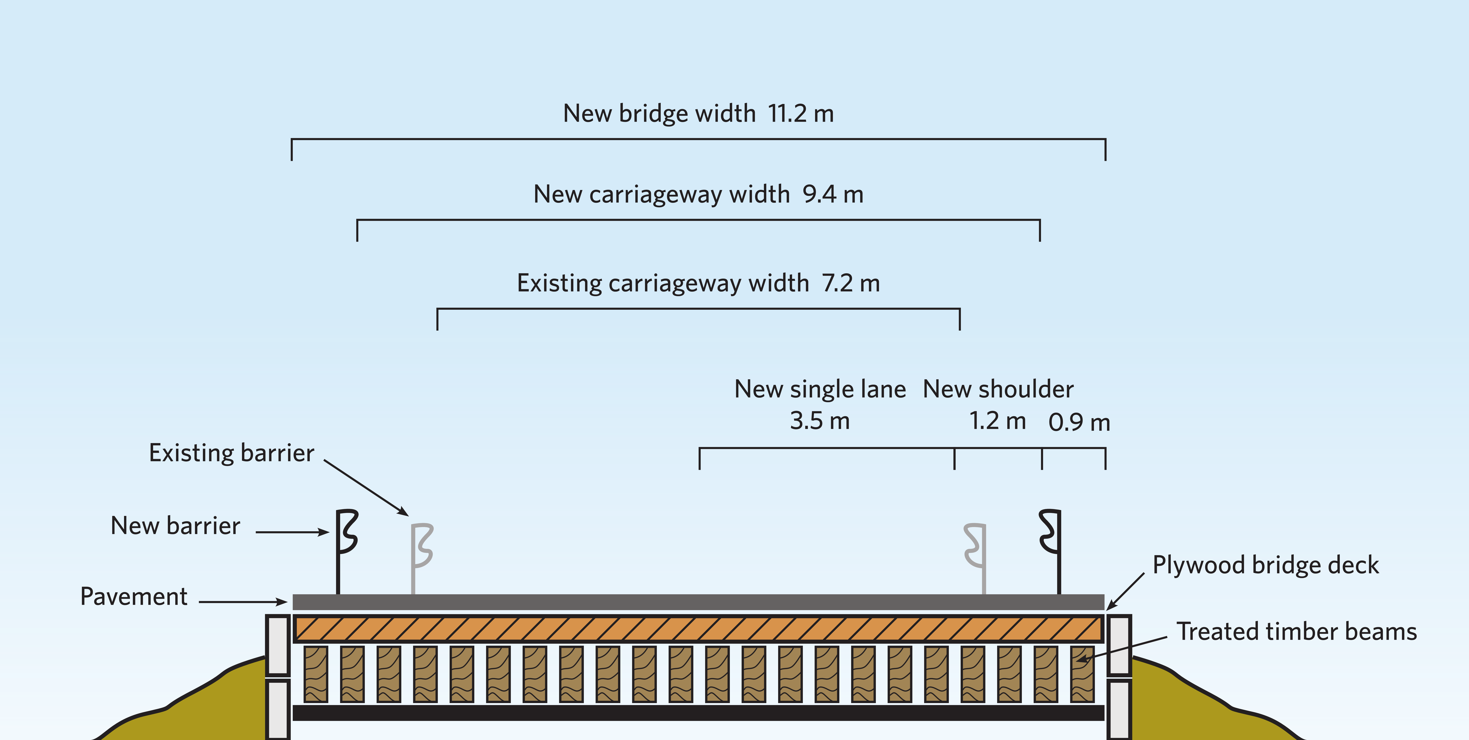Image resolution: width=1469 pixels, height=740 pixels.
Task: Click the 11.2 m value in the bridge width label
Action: (x=801, y=114)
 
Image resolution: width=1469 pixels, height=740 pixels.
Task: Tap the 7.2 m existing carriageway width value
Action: (x=851, y=283)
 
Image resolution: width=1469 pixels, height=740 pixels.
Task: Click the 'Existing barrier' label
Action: (x=232, y=453)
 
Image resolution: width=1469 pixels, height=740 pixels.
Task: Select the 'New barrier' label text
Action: (x=176, y=526)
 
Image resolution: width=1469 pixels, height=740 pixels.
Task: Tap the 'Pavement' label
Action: (x=134, y=596)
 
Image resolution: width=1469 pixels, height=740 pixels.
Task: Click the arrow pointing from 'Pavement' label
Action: (x=243, y=601)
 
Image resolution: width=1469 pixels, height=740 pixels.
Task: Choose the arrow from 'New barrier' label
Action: (x=292, y=532)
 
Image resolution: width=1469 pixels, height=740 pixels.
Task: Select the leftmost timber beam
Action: (x=316, y=674)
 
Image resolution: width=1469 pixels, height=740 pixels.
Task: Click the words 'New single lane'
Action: (x=820, y=389)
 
